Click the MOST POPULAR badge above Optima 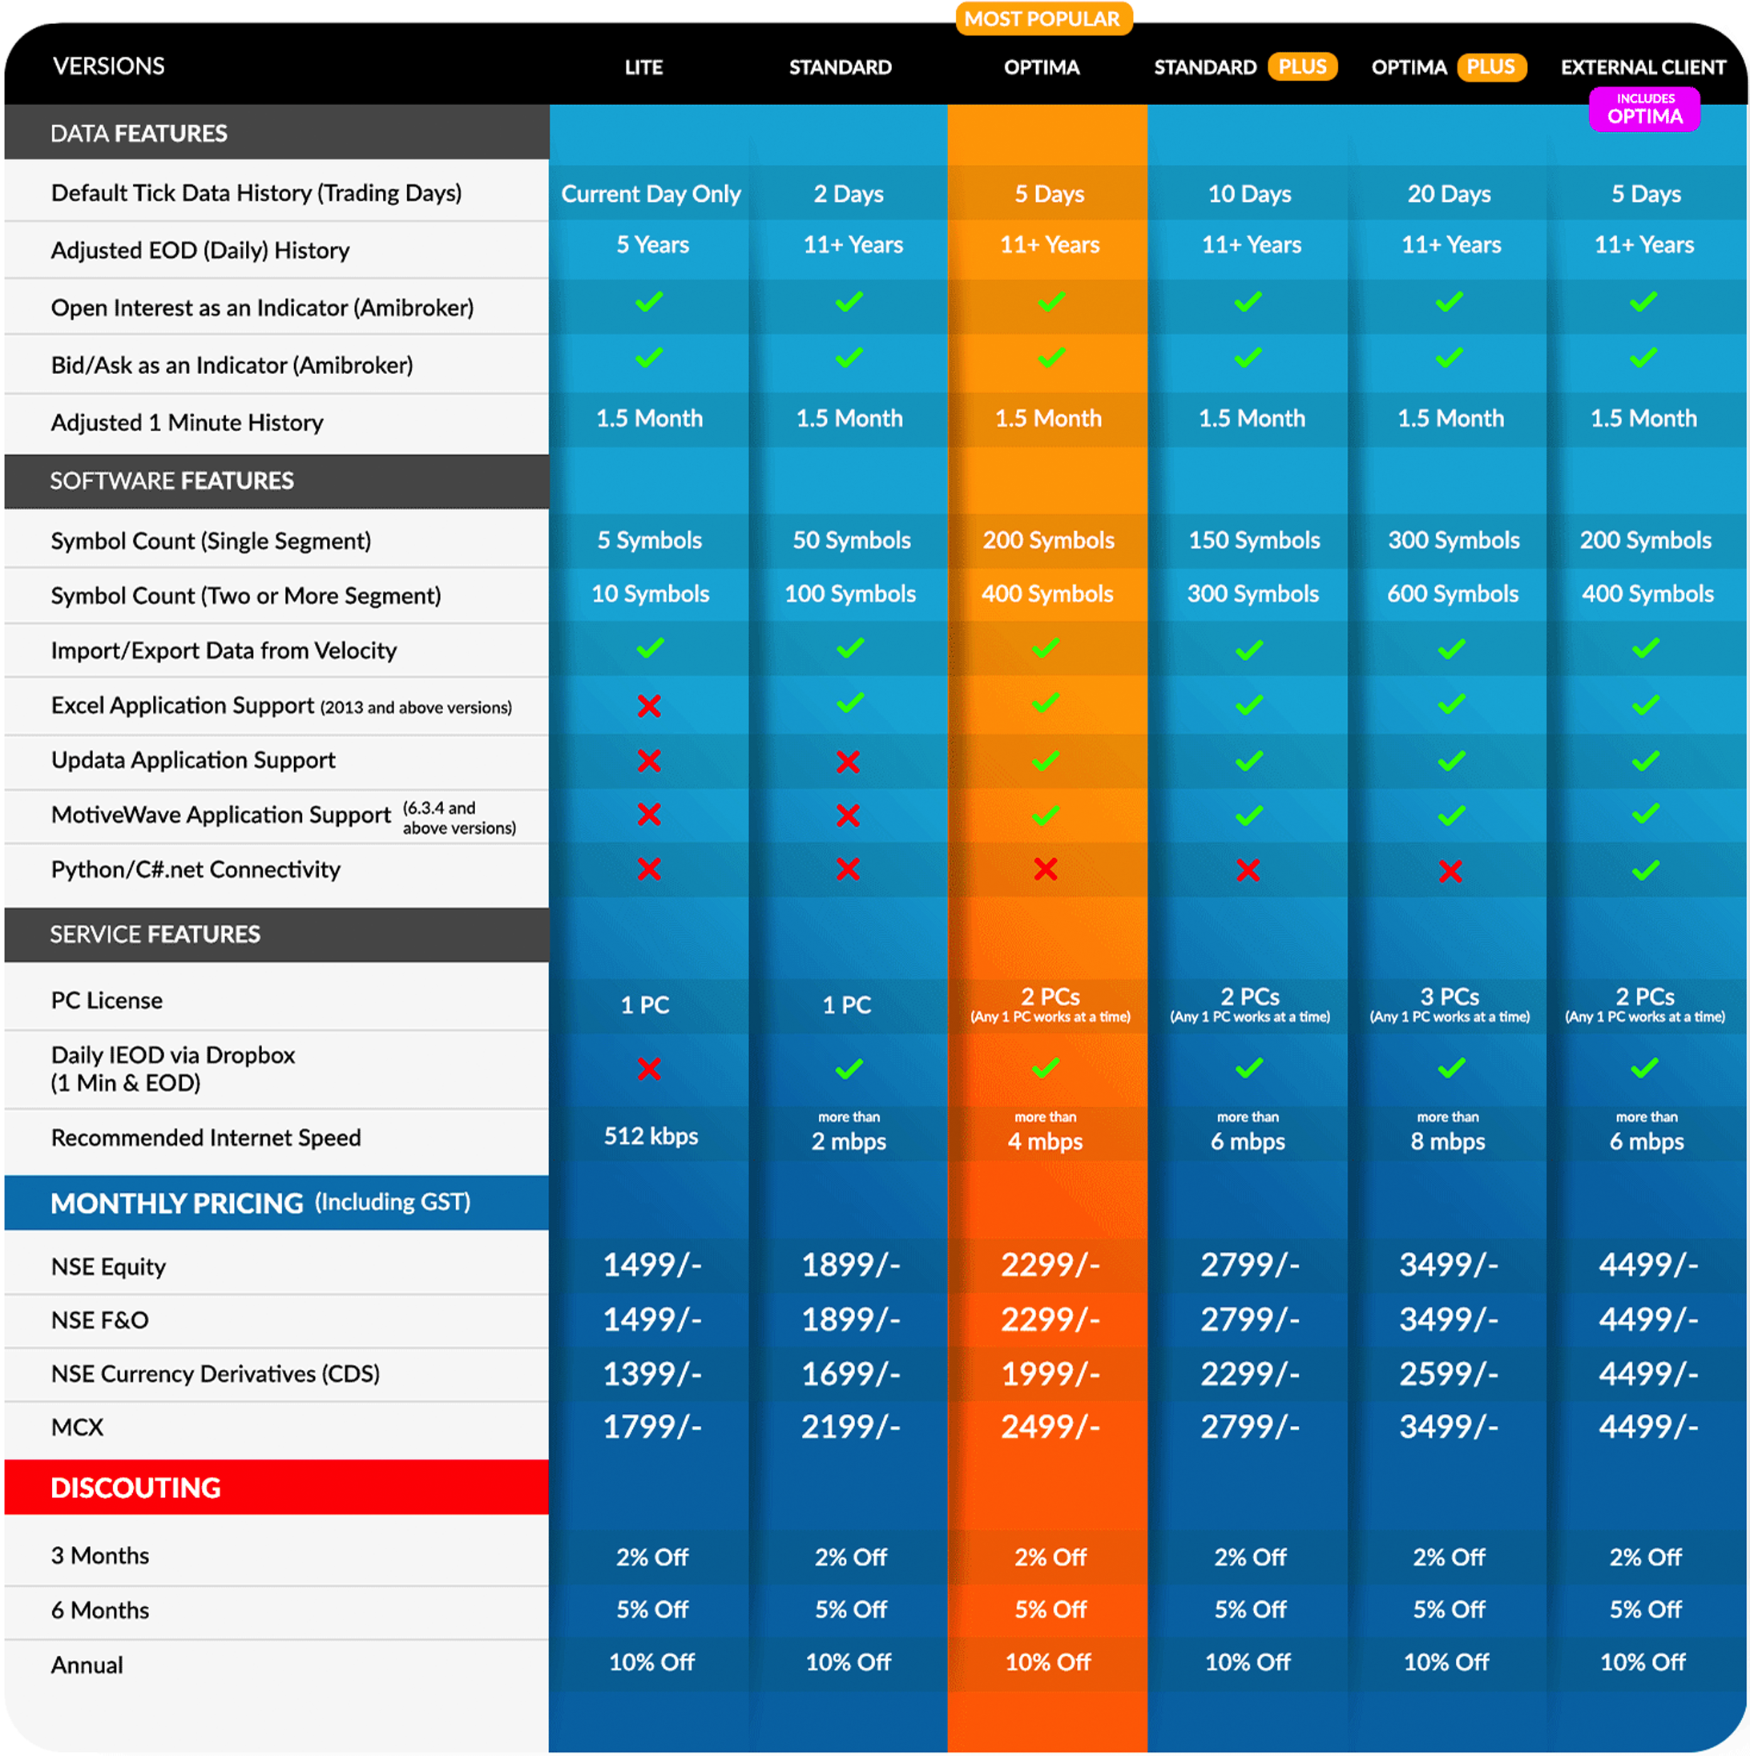[1042, 18]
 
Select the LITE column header [643, 67]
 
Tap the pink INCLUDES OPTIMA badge [1643, 109]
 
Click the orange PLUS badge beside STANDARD [1302, 66]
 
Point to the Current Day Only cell [651, 194]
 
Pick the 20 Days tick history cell [1449, 194]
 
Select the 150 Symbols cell [1255, 540]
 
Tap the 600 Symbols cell [1453, 594]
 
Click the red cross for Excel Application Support [649, 705]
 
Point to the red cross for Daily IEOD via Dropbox [649, 1068]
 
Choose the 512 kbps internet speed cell [651, 1136]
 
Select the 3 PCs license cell [1450, 1005]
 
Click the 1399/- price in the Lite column [651, 1373]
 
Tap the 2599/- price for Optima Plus [1448, 1373]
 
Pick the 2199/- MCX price [850, 1427]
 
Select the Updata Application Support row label [193, 760]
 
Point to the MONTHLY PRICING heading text [177, 1203]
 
